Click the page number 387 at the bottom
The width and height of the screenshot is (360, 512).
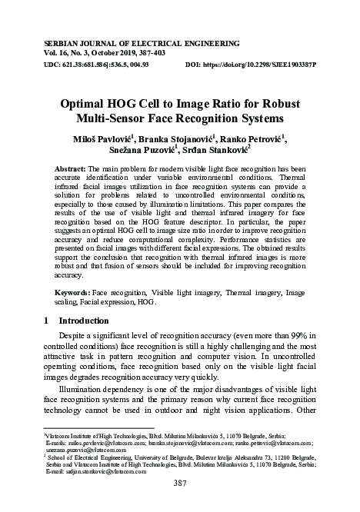point(180,484)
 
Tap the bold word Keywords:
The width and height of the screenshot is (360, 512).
point(75,294)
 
